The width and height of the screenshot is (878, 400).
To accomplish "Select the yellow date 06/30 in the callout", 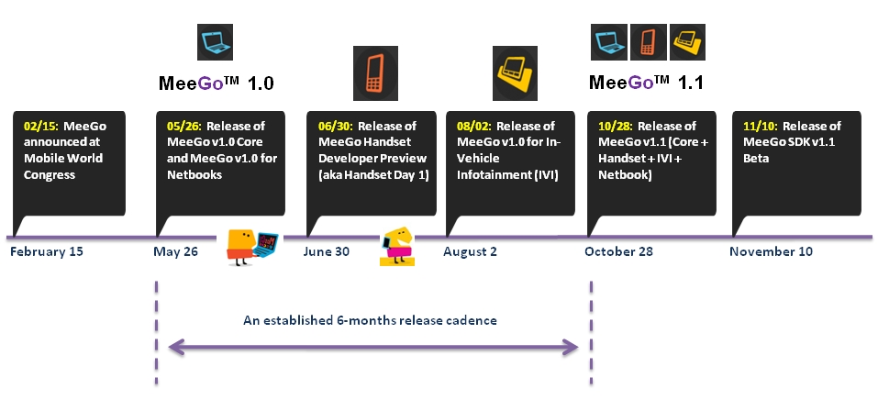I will coord(333,127).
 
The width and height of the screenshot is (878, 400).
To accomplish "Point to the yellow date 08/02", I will coord(472,127).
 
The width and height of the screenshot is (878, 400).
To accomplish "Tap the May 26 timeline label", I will coord(176,251).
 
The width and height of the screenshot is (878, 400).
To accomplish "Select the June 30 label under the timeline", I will coord(326,251).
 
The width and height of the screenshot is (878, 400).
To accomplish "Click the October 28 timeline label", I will coord(620,251).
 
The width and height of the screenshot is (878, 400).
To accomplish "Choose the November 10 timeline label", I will coord(771,251).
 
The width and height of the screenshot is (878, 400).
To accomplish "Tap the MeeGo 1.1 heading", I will coord(646,83).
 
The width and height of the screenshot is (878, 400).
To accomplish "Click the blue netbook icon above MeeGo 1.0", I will coord(217,42).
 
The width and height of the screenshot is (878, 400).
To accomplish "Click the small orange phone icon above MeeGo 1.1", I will coord(648,40).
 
